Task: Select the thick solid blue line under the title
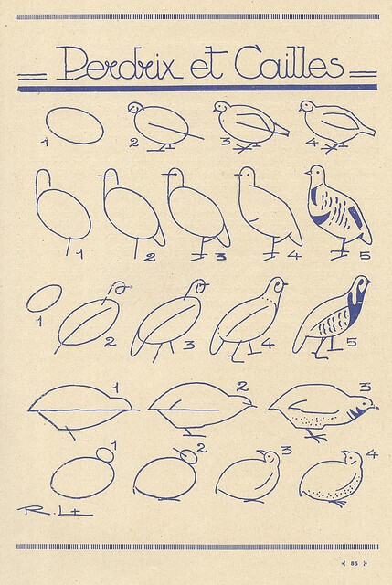point(196,90)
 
